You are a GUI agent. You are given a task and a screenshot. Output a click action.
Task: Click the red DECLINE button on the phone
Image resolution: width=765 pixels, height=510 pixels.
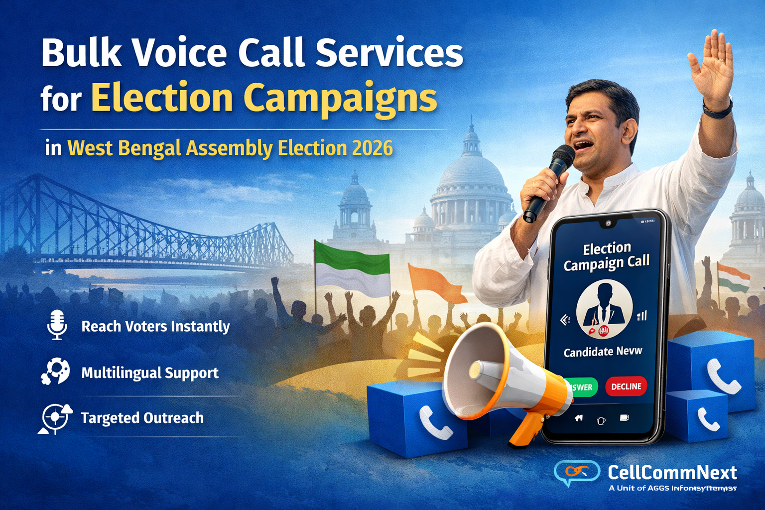click(x=626, y=386)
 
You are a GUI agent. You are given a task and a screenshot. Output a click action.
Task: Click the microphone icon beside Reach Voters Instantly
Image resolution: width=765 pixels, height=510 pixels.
click(x=57, y=324)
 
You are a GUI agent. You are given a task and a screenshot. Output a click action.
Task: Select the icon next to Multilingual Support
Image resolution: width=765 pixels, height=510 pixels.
click(x=55, y=372)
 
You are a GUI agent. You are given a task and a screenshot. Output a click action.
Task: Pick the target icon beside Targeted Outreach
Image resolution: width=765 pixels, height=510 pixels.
click(x=54, y=417)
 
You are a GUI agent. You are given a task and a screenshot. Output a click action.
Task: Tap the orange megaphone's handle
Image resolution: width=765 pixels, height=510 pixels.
click(x=526, y=429)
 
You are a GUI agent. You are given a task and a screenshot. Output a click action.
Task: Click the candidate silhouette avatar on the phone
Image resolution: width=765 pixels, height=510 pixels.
click(x=604, y=308)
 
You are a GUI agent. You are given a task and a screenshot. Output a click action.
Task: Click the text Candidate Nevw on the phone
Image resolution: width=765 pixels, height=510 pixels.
click(x=603, y=352)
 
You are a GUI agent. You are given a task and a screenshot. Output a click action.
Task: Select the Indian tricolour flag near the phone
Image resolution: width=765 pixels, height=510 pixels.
click(x=733, y=277)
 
